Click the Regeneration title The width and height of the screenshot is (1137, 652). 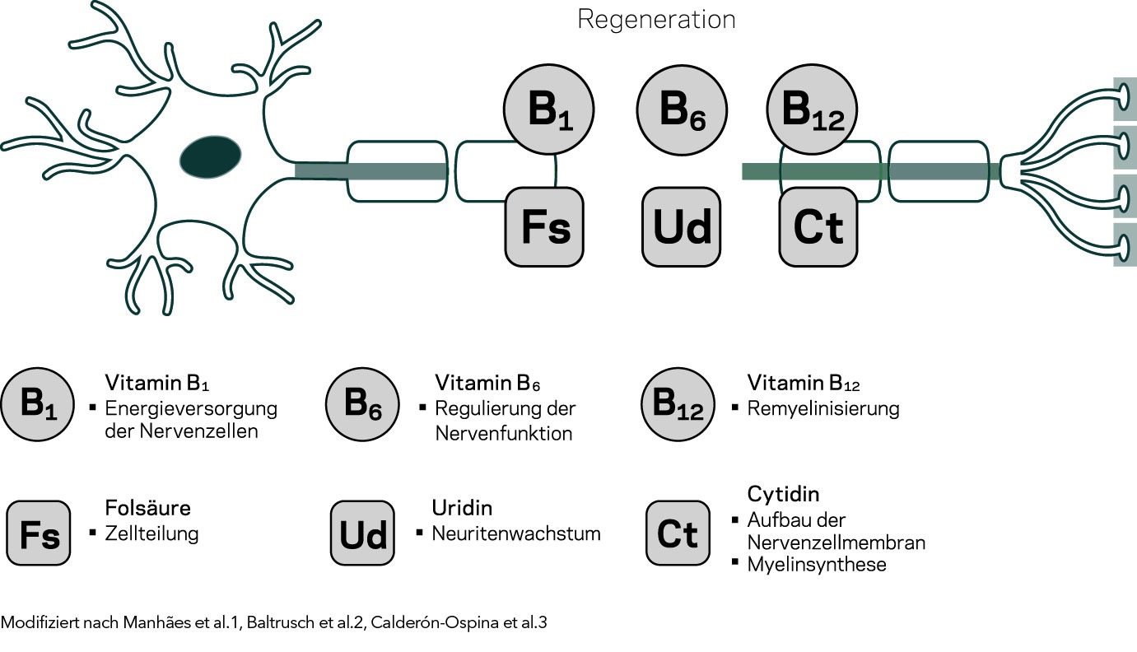point(656,19)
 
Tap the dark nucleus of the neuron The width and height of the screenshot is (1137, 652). point(211,156)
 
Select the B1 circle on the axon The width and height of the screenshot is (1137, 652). point(549,111)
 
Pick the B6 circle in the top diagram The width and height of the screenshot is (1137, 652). point(683,111)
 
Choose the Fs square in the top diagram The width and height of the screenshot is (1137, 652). point(544,226)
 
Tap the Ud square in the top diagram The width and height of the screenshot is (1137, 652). point(682,226)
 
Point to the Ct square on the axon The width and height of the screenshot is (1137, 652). point(818,226)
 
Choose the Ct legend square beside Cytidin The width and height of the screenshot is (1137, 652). point(678,534)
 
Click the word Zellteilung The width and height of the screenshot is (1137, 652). point(152,533)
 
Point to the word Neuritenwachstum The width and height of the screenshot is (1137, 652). point(516,533)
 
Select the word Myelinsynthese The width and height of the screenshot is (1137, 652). point(817,565)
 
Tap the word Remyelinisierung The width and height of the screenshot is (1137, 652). point(823,408)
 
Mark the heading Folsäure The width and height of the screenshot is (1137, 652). point(148,507)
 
